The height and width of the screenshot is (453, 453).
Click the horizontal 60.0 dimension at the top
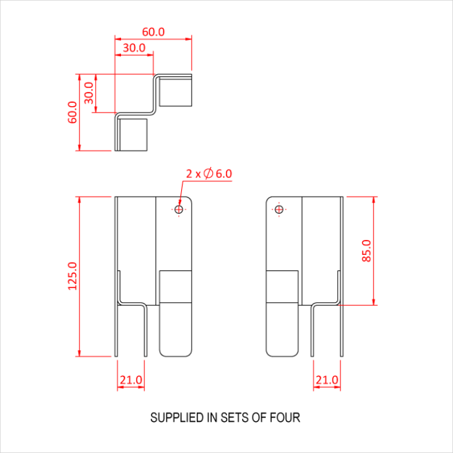click(153, 32)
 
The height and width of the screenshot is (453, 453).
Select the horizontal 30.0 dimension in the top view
click(134, 48)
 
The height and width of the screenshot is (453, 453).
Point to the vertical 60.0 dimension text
click(72, 112)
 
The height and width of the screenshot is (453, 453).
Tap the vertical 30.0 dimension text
click(89, 93)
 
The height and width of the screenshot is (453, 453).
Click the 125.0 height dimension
click(72, 276)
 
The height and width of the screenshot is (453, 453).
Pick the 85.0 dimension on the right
click(367, 250)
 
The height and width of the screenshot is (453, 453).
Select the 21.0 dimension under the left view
click(131, 380)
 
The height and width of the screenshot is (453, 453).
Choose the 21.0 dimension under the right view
click(327, 380)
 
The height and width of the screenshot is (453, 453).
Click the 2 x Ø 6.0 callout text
click(208, 173)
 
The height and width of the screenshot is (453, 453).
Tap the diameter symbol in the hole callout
click(208, 173)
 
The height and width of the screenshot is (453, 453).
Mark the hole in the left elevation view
click(179, 209)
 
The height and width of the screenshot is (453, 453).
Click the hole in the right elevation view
click(279, 209)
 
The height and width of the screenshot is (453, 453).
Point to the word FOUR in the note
click(287, 417)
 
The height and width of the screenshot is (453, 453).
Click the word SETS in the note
click(236, 417)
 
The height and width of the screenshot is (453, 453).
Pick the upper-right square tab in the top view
click(176, 91)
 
